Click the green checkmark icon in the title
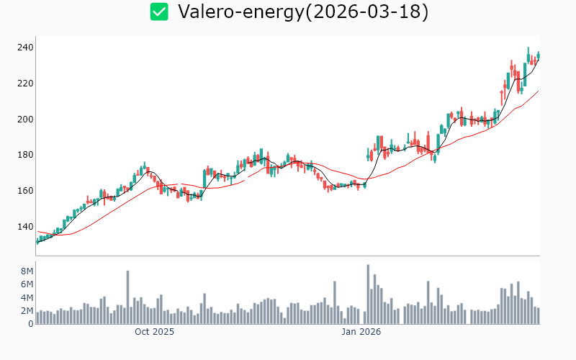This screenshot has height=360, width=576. click(159, 12)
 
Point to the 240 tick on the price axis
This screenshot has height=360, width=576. click(25, 48)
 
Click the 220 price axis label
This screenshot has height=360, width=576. click(25, 84)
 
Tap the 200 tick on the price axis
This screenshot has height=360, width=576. click(25, 119)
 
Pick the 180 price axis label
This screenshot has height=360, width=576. click(25, 155)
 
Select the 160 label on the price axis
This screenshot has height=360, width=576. click(25, 191)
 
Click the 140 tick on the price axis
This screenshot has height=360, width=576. click(25, 227)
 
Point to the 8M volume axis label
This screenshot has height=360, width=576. click(27, 271)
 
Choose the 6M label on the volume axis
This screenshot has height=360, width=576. click(27, 284)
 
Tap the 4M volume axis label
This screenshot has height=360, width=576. click(27, 297)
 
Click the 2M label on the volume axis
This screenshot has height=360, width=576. click(27, 311)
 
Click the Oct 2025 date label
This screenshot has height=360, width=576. click(154, 333)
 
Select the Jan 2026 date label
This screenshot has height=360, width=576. click(361, 333)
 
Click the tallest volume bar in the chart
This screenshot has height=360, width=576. click(368, 294)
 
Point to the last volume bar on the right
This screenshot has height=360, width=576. click(538, 316)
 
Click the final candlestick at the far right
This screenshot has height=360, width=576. click(538, 55)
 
